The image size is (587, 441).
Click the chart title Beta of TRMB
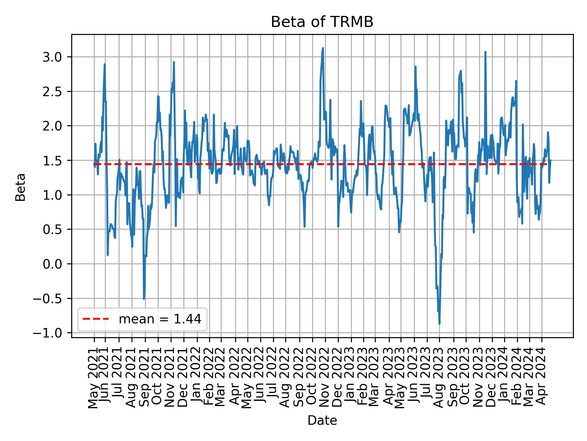pyautogui.click(x=322, y=22)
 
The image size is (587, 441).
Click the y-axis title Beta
pyautogui.click(x=20, y=187)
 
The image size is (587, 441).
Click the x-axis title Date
pyautogui.click(x=322, y=420)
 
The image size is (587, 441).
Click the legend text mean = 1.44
pyautogui.click(x=160, y=319)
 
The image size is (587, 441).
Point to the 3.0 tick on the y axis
pyautogui.click(x=52, y=57)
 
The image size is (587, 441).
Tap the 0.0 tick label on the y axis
pyautogui.click(x=52, y=264)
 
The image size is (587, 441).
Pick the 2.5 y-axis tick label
pyautogui.click(x=52, y=92)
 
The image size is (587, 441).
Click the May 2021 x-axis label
pyautogui.click(x=94, y=378)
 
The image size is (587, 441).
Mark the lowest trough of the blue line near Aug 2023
pyautogui.click(x=439, y=323)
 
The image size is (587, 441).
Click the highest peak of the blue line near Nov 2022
pyautogui.click(x=323, y=48)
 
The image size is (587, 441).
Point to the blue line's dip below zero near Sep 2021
pyautogui.click(x=144, y=299)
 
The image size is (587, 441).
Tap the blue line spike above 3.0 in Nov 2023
pyautogui.click(x=485, y=52)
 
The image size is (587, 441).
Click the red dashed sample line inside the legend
pyautogui.click(x=96, y=319)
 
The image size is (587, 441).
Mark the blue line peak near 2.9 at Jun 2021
pyautogui.click(x=105, y=64)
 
